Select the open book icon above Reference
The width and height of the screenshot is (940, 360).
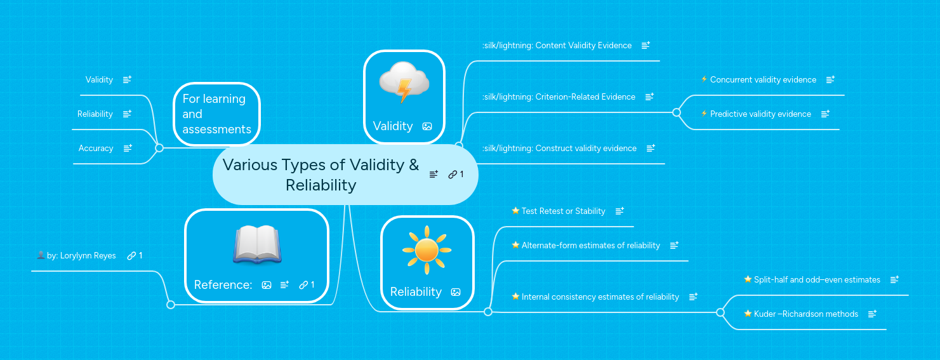click(x=256, y=245)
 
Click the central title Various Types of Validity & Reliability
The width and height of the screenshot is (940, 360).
click(x=321, y=175)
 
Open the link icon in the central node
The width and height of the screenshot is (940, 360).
click(x=453, y=175)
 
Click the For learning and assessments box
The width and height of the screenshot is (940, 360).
click(x=216, y=114)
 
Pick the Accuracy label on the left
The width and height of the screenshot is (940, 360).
click(x=96, y=148)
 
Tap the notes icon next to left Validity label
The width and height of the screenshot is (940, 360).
click(x=127, y=80)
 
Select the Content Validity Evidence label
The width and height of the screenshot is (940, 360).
click(x=557, y=46)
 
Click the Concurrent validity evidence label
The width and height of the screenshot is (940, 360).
click(x=763, y=80)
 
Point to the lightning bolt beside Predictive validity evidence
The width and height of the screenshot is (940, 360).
click(x=704, y=114)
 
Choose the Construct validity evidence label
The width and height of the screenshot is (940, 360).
click(x=559, y=149)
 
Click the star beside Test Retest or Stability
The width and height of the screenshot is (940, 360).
click(x=515, y=211)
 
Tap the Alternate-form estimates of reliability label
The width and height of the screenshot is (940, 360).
click(x=590, y=246)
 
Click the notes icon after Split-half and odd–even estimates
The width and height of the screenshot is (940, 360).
click(x=894, y=280)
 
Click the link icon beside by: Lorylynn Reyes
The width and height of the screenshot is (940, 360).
click(x=131, y=256)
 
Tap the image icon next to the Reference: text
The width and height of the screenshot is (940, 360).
click(x=267, y=285)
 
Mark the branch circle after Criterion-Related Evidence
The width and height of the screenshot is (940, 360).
click(x=677, y=112)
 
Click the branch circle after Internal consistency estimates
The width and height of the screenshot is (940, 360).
click(x=720, y=312)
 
